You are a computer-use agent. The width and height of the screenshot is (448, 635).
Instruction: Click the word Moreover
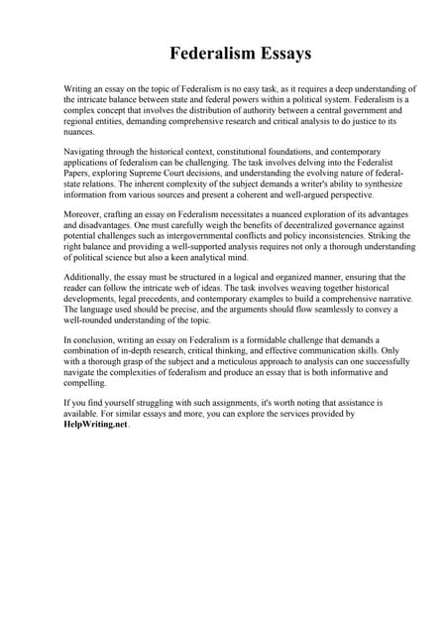pyautogui.click(x=86, y=212)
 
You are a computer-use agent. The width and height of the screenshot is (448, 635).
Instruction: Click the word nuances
pyautogui.click(x=80, y=130)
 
